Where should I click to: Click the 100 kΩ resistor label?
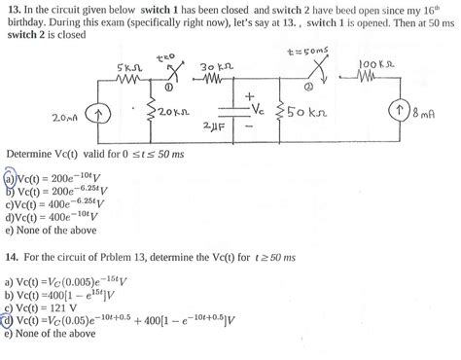373,63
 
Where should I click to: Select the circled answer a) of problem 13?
10,181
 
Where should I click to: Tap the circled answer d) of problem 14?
10,322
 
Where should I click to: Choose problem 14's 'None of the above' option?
53,335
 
